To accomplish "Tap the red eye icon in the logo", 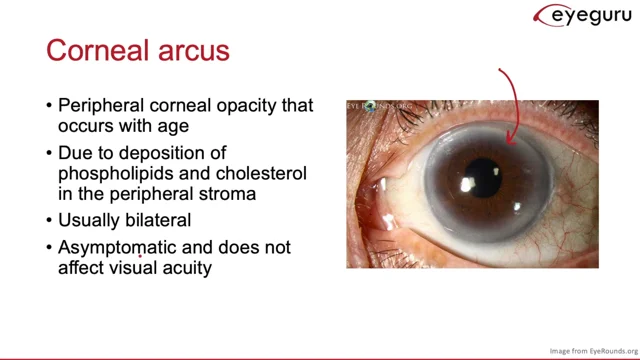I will point(546,15).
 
